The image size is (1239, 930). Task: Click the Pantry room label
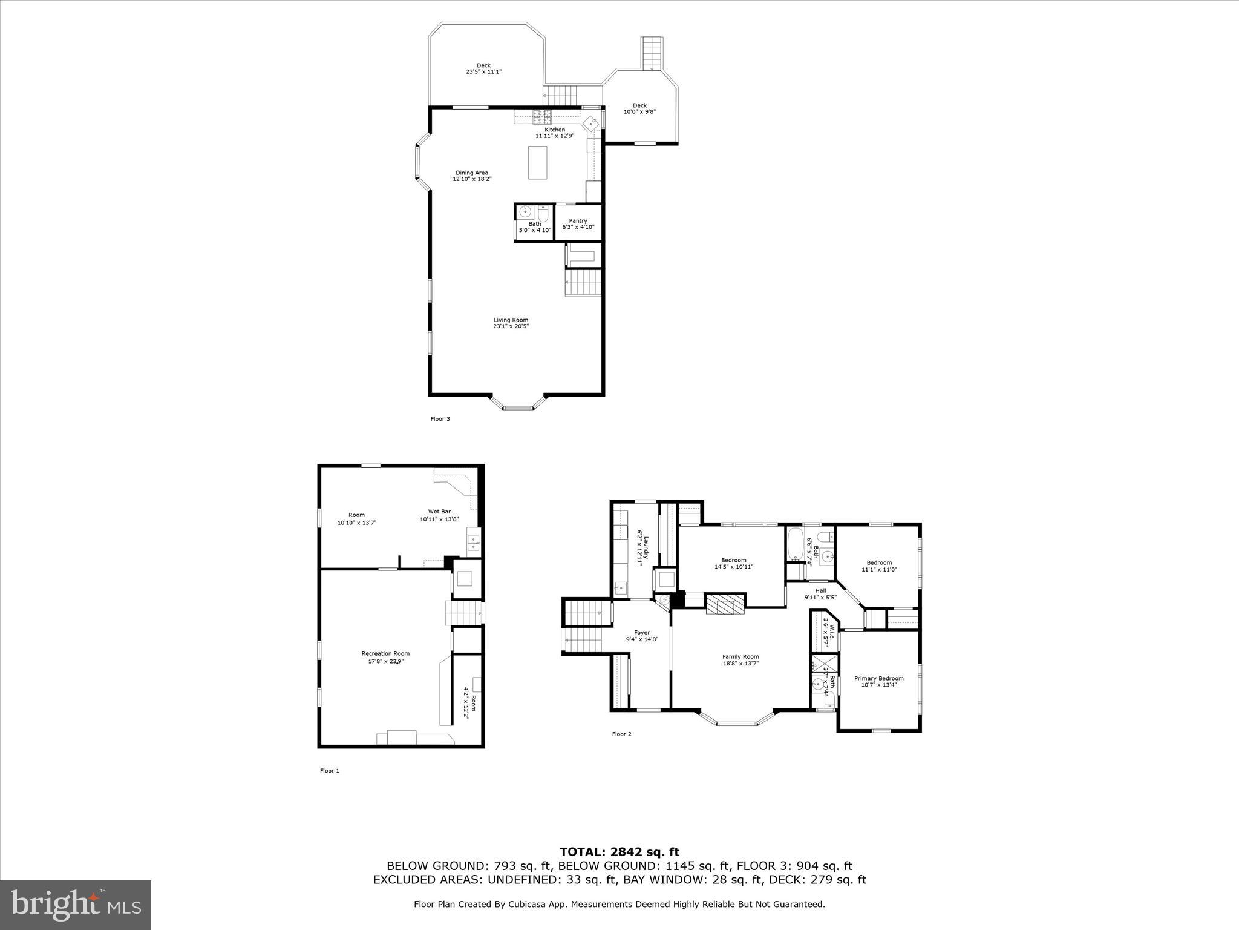(578, 224)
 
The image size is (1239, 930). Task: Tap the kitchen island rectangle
(537, 162)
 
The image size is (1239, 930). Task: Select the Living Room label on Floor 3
(511, 323)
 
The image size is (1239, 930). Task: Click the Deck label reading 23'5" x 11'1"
(483, 68)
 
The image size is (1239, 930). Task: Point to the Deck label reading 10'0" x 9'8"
(639, 108)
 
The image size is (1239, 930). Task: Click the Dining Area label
(472, 176)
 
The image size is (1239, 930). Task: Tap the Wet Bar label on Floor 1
(439, 515)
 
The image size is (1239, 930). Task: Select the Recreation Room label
(385, 657)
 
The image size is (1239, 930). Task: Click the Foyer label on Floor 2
(641, 636)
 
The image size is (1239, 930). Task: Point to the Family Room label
(740, 660)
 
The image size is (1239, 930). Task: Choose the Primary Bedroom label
(878, 682)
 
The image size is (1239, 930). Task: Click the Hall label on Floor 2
(820, 594)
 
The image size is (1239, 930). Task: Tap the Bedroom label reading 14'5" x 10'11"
(733, 563)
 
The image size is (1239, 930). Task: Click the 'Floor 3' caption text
(440, 419)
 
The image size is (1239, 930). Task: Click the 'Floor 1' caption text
(330, 771)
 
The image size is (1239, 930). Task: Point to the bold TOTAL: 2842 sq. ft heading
(619, 852)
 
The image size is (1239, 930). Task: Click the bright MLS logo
(76, 905)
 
